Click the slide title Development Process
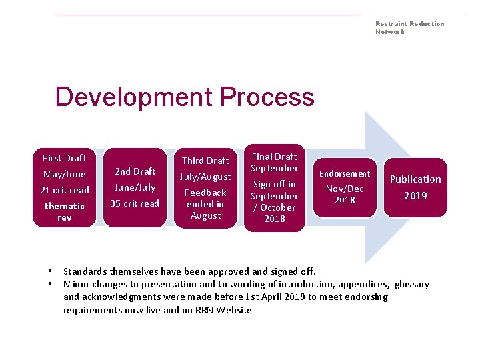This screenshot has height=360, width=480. coord(185,97)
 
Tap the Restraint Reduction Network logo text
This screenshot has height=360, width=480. coord(409,27)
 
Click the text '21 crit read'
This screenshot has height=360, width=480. coord(65,190)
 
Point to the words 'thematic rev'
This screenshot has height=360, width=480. coord(65,212)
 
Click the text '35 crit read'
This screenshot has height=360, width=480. coord(135,203)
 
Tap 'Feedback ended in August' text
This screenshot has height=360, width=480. coord(205,204)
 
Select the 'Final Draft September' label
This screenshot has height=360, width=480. coord(274,162)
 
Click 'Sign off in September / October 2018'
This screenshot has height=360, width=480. coord(274,201)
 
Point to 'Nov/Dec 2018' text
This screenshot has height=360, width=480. coord(345,195)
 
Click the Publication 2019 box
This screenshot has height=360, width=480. coord(415,187)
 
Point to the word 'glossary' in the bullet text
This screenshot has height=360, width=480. coord(412,284)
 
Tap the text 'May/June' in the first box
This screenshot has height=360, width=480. coord(65,174)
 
